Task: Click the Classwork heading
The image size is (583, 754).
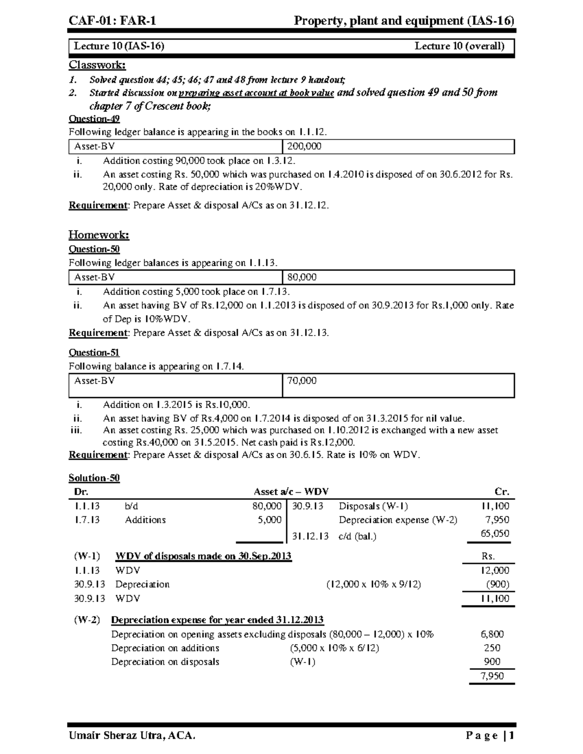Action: point(97,65)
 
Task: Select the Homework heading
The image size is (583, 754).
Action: point(99,235)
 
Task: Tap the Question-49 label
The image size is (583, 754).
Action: point(94,119)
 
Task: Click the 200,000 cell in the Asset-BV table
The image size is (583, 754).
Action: point(304,147)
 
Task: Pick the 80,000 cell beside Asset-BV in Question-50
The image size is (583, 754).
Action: point(302,277)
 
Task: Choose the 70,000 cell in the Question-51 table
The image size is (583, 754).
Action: point(302,381)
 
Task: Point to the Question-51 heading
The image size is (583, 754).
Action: point(94,353)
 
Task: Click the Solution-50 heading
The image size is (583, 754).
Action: point(94,478)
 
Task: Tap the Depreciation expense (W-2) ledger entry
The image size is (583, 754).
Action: point(398,520)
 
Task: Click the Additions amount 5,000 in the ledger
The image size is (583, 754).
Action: point(269,520)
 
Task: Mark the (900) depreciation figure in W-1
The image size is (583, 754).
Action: point(497,585)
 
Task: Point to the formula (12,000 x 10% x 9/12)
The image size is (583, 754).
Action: point(373,585)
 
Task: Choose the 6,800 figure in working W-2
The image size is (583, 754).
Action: point(492,635)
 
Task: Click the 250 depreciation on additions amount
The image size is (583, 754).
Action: point(492,648)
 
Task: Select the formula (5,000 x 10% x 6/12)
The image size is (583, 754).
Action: point(334,648)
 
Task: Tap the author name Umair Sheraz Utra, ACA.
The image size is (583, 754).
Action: point(132,736)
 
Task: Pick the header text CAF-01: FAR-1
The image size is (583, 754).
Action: point(112,20)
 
